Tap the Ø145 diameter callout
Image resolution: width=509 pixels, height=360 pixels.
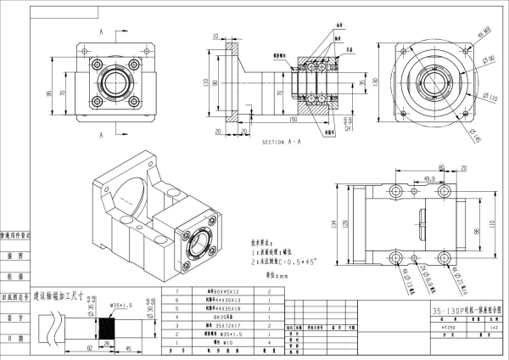pyautogui.click(x=480, y=135)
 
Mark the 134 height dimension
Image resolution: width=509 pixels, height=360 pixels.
pyautogui.click(x=333, y=223)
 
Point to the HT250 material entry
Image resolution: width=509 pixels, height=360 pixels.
pyautogui.click(x=449, y=326)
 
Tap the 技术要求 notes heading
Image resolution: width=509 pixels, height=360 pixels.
pyautogui.click(x=266, y=241)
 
